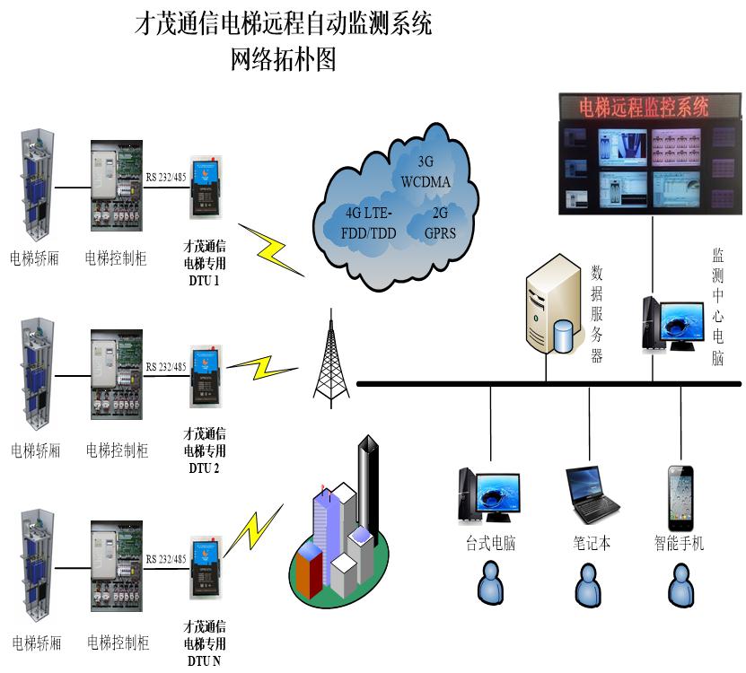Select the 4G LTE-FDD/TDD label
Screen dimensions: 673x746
pyautogui.click(x=370, y=223)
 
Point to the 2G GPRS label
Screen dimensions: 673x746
pyautogui.click(x=440, y=223)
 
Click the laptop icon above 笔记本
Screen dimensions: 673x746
pyautogui.click(x=591, y=496)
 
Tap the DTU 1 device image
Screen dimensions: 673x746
pyautogui.click(x=206, y=189)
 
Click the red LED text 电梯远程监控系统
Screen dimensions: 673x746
pyautogui.click(x=644, y=109)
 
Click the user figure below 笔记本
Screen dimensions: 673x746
pyautogui.click(x=589, y=583)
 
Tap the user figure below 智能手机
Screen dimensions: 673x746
pyautogui.click(x=680, y=583)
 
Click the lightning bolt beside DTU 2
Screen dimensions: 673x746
pyautogui.click(x=261, y=367)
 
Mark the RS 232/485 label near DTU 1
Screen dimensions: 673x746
pyautogui.click(x=166, y=177)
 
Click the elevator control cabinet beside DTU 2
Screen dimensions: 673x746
pyautogui.click(x=118, y=374)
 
